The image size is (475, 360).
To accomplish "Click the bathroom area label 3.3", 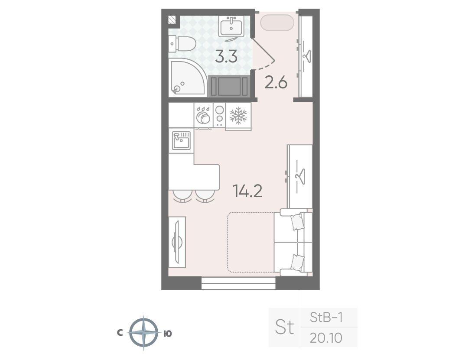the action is coord(226,57).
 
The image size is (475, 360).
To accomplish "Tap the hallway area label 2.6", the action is coord(276,82).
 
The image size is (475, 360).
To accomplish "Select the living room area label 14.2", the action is coord(247,191).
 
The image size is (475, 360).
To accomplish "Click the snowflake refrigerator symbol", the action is coord(238,115).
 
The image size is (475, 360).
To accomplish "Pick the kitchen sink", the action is coord(181,140).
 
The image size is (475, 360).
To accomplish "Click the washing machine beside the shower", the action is coord(230,86).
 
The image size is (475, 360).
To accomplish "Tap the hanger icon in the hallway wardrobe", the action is coord(308,56).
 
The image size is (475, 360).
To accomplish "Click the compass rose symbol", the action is coord(143,333).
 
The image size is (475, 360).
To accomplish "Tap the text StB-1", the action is coord(326,317).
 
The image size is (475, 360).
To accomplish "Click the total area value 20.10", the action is coord(326,337).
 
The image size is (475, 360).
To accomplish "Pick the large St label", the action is coord(284,327).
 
